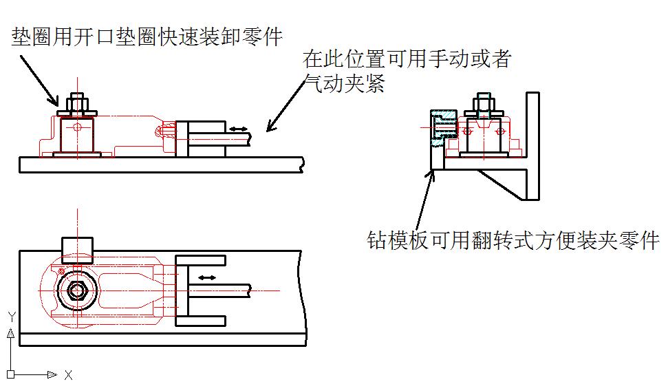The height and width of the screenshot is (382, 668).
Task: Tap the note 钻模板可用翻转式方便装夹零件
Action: [513, 240]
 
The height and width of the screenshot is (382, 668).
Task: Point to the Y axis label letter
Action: [11, 317]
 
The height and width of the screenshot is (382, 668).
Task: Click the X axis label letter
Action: [68, 374]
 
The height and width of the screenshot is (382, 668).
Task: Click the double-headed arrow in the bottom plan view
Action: [207, 277]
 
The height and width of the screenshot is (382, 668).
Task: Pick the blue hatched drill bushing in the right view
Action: [441, 127]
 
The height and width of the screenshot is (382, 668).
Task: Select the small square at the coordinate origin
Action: [11, 374]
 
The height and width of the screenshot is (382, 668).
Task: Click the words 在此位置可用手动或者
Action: [407, 59]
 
